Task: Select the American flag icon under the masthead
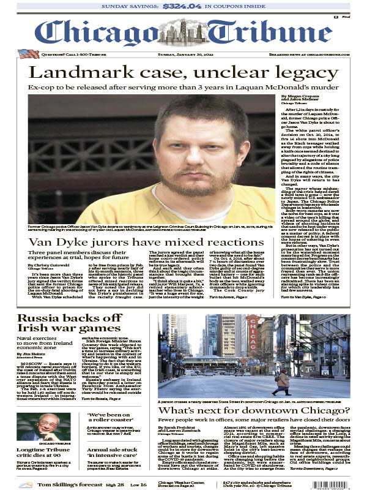click(28, 55)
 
